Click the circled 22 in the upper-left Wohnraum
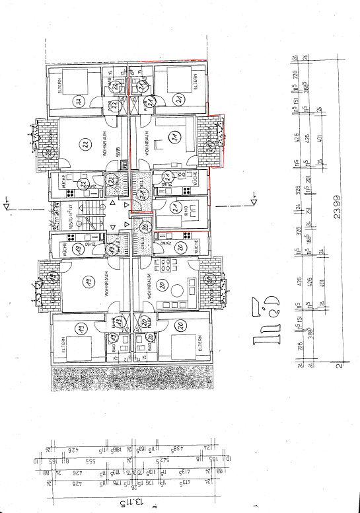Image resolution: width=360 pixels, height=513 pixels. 85,144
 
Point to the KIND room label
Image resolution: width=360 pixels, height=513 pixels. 196,212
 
